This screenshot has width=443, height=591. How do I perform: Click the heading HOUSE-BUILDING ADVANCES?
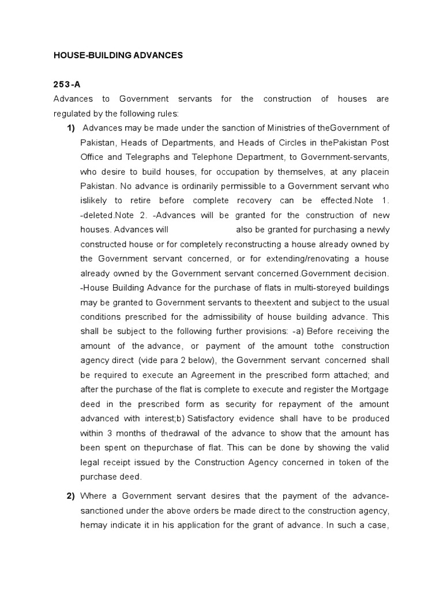(118, 55)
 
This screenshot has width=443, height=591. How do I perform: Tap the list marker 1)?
(72, 128)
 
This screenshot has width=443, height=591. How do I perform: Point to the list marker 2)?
(72, 496)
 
